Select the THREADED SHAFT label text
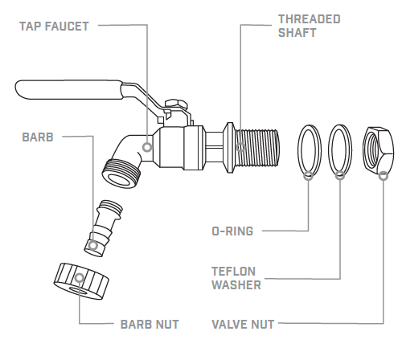[309, 25]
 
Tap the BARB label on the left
[38, 137]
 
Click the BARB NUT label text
[149, 325]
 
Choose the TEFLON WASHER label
[236, 277]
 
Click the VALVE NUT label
[242, 325]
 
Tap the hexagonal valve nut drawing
[377, 150]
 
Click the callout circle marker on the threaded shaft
[240, 147]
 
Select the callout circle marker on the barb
[94, 244]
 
